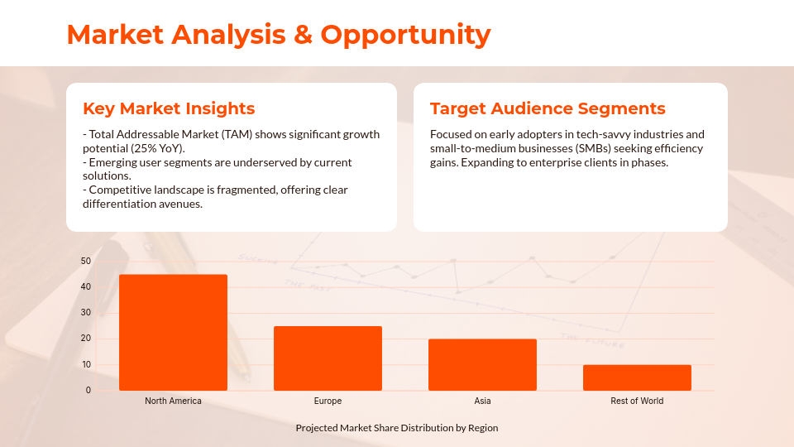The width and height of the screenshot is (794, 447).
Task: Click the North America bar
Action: (173, 332)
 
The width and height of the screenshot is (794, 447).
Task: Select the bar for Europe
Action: (328, 358)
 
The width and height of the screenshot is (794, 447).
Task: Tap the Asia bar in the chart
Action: (482, 364)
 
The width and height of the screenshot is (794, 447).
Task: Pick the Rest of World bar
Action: (637, 377)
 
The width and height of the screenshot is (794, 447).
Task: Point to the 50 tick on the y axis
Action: (86, 262)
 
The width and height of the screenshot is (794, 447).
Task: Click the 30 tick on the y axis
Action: (86, 313)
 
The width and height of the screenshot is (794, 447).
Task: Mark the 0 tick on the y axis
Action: (88, 390)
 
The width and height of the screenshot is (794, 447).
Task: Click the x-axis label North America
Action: (173, 401)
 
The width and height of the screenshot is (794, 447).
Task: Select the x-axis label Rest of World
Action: (637, 401)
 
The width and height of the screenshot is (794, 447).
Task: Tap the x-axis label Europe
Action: (328, 401)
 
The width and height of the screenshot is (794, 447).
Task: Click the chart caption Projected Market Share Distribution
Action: (397, 428)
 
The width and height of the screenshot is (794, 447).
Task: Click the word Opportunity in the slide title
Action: (405, 35)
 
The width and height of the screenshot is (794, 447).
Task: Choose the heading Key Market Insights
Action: (169, 108)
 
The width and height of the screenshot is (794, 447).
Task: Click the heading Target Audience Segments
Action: (548, 108)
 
